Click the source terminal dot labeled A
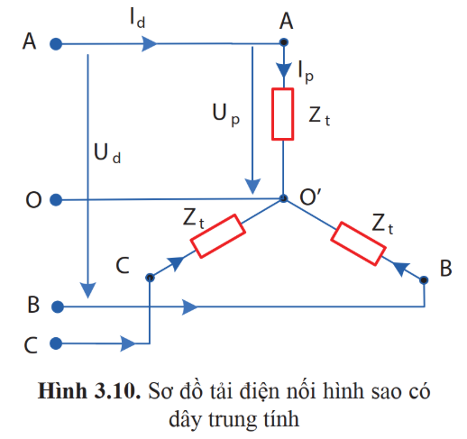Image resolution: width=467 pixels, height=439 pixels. point(56,44)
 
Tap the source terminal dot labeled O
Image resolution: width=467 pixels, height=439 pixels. point(56,200)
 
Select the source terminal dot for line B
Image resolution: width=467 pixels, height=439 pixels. point(58,306)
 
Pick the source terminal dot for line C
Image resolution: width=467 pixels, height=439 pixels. point(56,343)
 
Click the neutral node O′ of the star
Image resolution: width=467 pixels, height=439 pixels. point(283,198)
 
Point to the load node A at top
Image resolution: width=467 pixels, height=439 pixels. point(284,42)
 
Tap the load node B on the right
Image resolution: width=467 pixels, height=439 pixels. point(424,280)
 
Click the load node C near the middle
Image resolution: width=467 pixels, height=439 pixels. point(150,278)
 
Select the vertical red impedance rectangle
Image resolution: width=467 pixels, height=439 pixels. point(283,114)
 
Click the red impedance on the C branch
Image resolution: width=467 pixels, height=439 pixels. point(218,236)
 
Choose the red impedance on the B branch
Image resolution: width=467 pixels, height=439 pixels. point(358,243)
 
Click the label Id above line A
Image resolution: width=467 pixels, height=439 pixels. point(138,18)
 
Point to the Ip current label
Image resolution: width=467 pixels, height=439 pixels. point(306,72)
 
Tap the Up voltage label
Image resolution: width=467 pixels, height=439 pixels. point(226,115)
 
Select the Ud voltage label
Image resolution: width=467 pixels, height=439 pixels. point(107,153)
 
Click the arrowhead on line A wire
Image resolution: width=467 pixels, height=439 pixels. point(150,44)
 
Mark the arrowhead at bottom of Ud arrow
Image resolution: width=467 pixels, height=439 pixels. point(87,290)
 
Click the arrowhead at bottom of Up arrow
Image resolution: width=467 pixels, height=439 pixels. point(252,187)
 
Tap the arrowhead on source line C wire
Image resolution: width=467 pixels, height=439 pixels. point(128,343)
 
